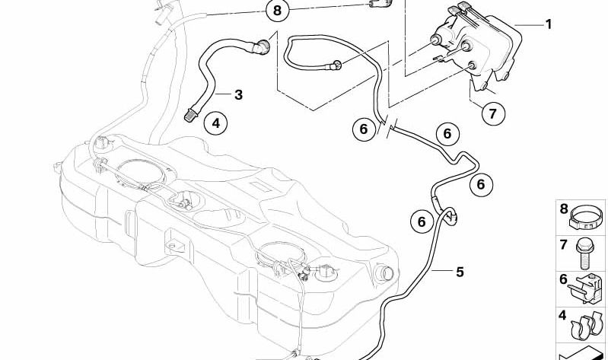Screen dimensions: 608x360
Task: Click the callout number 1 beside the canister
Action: point(549,24)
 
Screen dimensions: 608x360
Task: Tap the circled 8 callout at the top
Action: point(277,10)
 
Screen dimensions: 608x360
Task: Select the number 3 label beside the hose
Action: point(238,94)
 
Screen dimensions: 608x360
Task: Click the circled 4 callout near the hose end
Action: point(216,123)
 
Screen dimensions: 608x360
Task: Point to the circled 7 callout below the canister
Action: point(493,113)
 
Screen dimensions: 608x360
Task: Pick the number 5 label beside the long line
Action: point(460,272)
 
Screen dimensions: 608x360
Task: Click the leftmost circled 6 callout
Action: point(364,129)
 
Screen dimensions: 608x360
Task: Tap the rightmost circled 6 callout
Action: point(481,184)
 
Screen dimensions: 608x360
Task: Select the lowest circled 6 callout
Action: point(422,221)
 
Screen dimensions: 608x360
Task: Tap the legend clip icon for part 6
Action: point(586,288)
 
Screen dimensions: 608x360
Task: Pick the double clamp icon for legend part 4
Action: point(587,326)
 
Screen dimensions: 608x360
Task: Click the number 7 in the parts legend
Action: point(563,245)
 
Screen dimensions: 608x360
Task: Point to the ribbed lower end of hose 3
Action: point(190,115)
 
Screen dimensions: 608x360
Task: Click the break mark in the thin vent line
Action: point(388,125)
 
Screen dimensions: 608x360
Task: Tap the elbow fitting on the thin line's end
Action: point(336,65)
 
